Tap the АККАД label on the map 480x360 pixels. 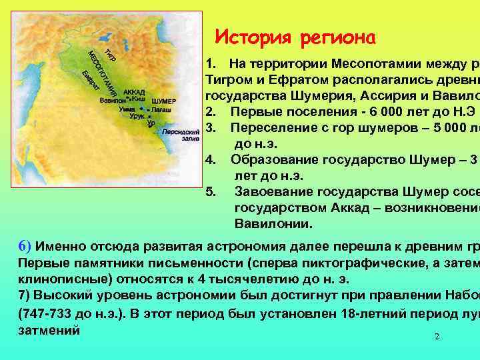pos(134,91)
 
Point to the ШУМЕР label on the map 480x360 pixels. pos(164,101)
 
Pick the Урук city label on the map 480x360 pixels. pos(137,116)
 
